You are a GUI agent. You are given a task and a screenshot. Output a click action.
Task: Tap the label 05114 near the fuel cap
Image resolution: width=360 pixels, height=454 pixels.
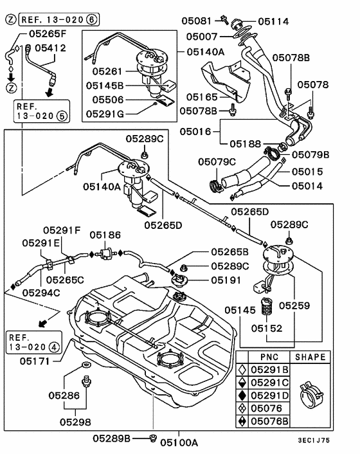click(x=274, y=21)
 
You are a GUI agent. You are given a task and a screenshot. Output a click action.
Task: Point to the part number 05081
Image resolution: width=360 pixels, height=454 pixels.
click(x=201, y=20)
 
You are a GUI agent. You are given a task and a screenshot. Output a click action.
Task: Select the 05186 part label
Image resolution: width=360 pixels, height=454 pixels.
click(x=105, y=236)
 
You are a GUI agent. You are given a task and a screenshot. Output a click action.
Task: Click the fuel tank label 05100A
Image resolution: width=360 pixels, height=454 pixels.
click(x=179, y=442)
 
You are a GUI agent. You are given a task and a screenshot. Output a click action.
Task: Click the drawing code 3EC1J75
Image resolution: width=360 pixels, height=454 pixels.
click(x=332, y=442)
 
